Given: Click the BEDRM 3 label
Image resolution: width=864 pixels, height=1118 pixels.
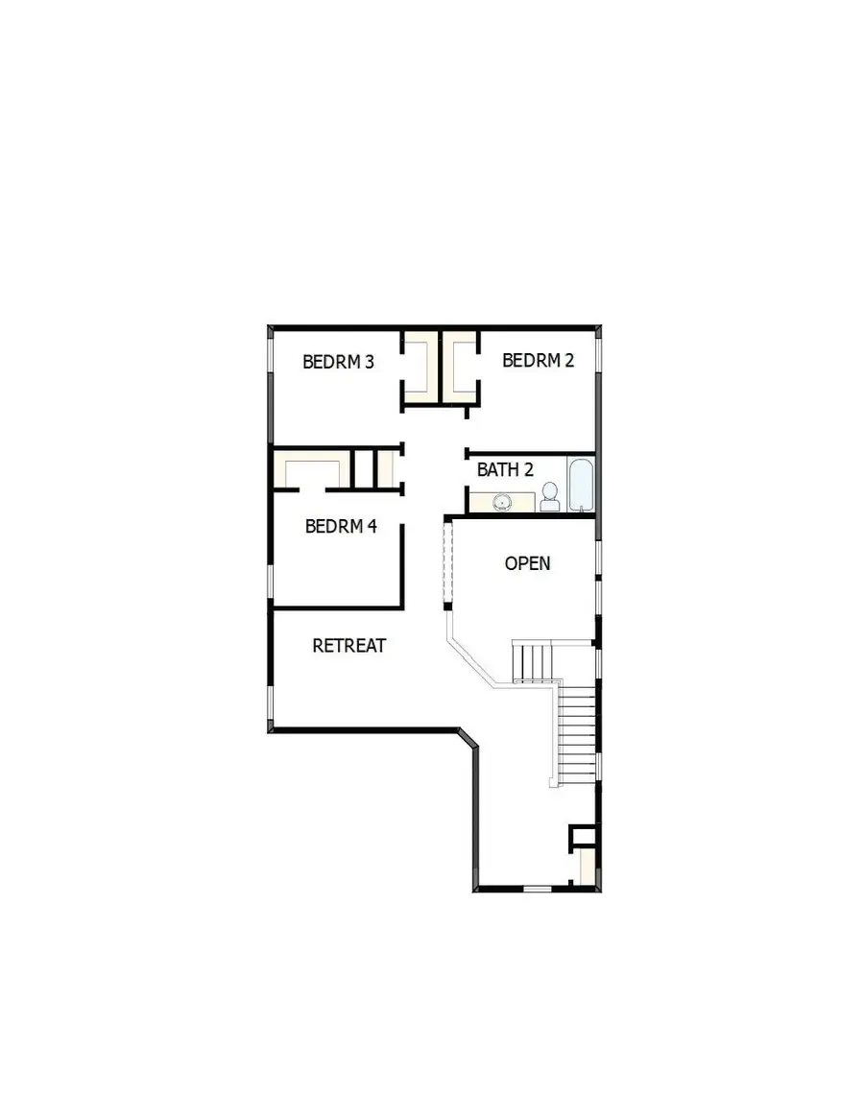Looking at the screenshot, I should [x=338, y=363].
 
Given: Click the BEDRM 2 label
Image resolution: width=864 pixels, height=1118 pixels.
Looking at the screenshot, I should [x=538, y=361].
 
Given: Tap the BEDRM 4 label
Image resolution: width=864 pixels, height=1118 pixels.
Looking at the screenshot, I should [x=341, y=526].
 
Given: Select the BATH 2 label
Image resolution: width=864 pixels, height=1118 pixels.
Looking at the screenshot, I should [x=505, y=470].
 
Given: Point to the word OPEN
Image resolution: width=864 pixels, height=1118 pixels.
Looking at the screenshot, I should [x=528, y=563].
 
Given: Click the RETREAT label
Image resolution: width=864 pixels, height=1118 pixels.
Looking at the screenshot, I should [x=349, y=646].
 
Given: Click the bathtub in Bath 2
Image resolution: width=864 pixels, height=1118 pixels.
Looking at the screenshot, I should [x=581, y=486].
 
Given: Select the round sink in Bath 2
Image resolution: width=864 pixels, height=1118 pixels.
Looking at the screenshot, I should [x=501, y=501].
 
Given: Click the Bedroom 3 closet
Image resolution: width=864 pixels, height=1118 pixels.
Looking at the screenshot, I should [x=420, y=367].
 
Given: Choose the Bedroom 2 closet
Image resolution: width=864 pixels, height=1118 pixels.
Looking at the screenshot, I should [x=459, y=367].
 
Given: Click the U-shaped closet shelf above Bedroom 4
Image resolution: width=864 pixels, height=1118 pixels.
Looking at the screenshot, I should [x=310, y=470].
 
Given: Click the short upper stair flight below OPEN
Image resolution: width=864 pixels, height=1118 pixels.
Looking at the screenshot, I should [x=534, y=661].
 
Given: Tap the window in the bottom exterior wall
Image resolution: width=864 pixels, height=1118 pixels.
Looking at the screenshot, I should [x=538, y=890].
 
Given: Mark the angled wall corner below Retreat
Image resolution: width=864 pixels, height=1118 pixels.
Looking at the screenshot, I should [x=467, y=738].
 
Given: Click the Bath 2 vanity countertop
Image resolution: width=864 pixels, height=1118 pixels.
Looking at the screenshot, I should [x=502, y=502].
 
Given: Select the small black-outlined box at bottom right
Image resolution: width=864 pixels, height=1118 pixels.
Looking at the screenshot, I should [x=583, y=835].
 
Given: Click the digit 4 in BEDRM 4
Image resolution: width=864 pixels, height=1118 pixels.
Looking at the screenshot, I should [x=372, y=526].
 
